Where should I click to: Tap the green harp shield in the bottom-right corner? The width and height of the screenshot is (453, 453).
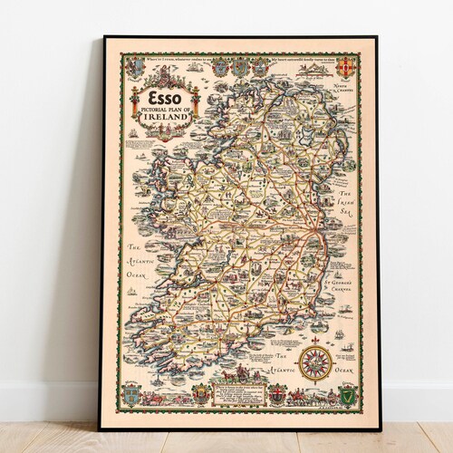[344, 394]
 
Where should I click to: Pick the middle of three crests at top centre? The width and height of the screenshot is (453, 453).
[240, 67]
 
